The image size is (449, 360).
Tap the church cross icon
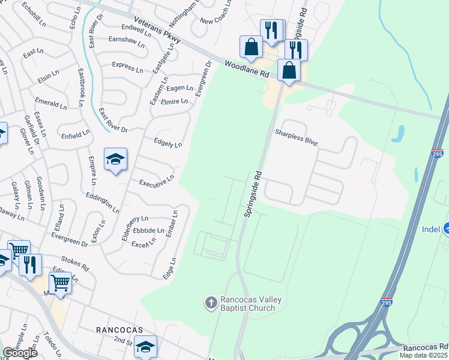pyautogui.click(x=211, y=302)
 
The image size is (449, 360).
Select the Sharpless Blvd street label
pyautogui.click(x=296, y=138)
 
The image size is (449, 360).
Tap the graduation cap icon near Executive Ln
pyautogui.click(x=115, y=159)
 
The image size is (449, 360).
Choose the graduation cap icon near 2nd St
pyautogui.click(x=145, y=347)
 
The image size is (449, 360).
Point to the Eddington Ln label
pyautogui.click(x=102, y=201)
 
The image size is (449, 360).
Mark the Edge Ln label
pyautogui.click(x=170, y=268)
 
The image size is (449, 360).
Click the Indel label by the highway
pyautogui.click(x=431, y=229)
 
